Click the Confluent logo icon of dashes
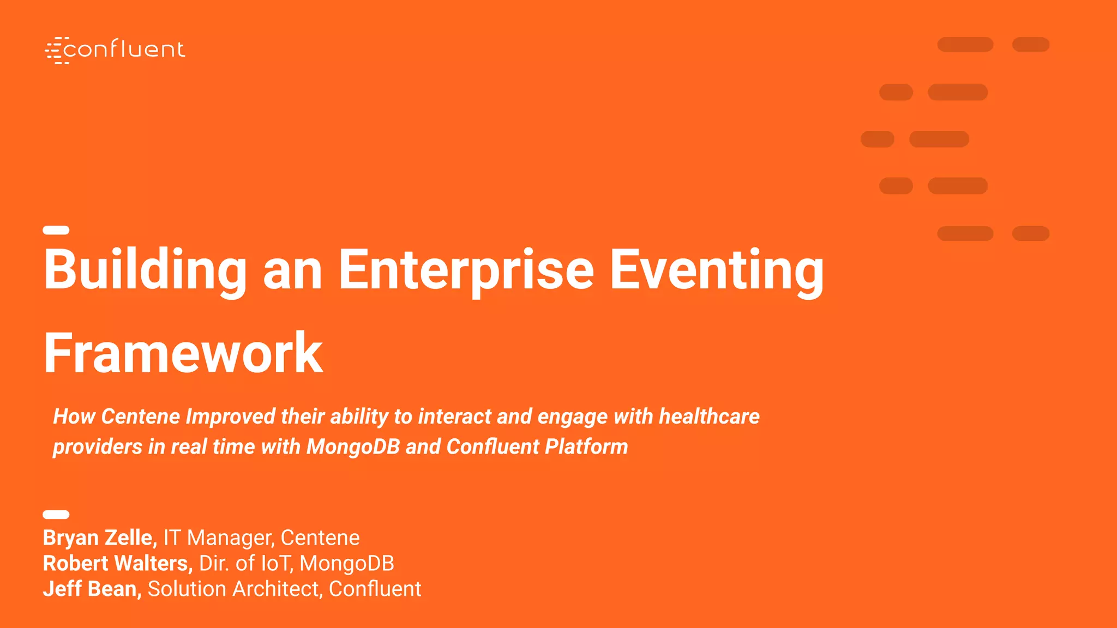(56, 51)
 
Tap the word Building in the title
(145, 270)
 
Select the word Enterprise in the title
(466, 270)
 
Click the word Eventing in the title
(716, 270)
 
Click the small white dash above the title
(56, 230)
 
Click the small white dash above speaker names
(56, 515)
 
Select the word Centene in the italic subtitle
(141, 416)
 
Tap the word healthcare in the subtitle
(709, 416)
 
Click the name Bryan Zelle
(100, 538)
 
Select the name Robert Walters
(117, 564)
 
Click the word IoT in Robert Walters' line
(277, 564)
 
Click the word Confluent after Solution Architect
(375, 589)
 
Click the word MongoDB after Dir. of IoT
(347, 564)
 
